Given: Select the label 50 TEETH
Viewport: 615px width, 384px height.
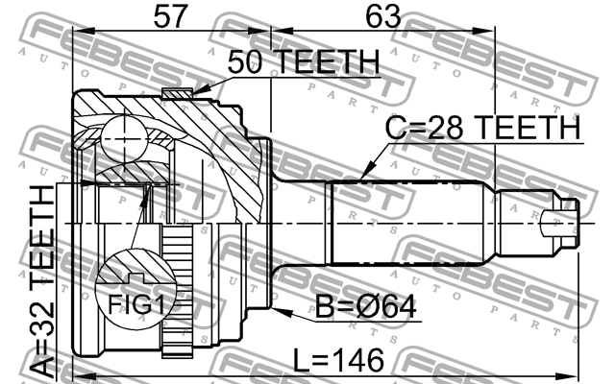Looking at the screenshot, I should [x=303, y=62].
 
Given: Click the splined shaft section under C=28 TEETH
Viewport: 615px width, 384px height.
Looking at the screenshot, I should [x=413, y=222].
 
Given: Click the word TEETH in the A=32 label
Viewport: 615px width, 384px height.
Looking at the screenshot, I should [x=43, y=229].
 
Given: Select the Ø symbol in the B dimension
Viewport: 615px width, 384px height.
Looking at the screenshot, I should [x=375, y=306].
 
